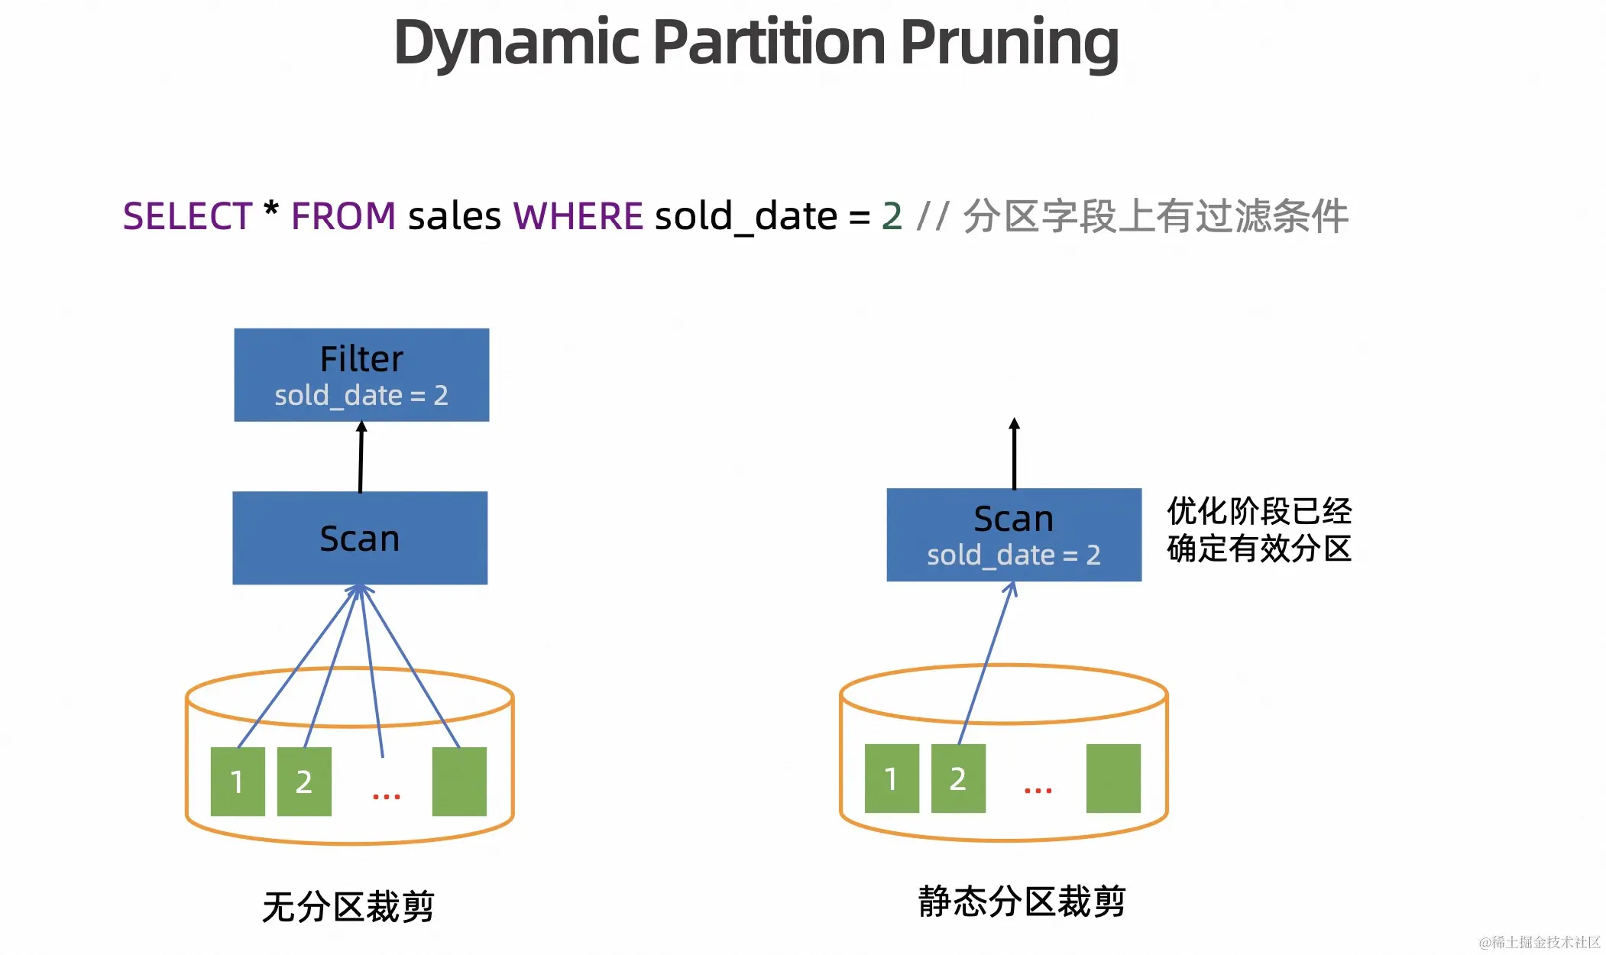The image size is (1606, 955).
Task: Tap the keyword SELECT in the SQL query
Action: [x=187, y=216]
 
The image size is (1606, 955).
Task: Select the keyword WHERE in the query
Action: [x=578, y=216]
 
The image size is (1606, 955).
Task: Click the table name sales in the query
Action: [x=455, y=216]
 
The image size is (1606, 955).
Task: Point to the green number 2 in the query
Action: [x=892, y=216]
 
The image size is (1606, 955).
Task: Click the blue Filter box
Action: [x=361, y=374]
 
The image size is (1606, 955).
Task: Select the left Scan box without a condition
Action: [x=360, y=538]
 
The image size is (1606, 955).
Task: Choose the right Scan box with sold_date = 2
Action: [x=1014, y=535]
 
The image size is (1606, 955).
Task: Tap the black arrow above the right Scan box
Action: [x=1014, y=454]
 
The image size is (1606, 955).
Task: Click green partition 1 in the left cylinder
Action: [x=238, y=782]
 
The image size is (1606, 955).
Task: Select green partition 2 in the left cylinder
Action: [x=304, y=782]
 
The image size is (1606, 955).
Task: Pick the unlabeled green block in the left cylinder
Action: [x=459, y=782]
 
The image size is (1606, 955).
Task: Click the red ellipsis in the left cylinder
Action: [x=386, y=797]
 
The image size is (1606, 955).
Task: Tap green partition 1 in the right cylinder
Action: [x=892, y=779]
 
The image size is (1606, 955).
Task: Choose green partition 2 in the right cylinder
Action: [x=958, y=779]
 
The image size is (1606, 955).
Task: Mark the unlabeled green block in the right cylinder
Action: [x=1113, y=779]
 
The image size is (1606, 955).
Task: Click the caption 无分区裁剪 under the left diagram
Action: [x=348, y=907]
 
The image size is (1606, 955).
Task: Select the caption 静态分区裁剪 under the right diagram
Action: [x=1022, y=902]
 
